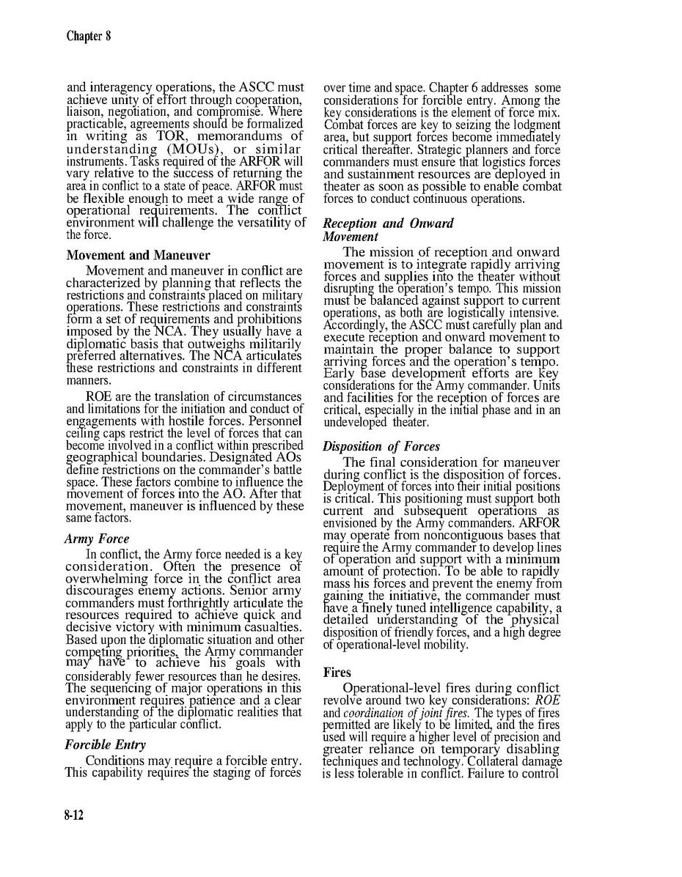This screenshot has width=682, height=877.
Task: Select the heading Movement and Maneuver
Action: coord(138,256)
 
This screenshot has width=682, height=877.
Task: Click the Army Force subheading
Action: coord(97,539)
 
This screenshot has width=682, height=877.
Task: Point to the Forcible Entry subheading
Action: coord(105,744)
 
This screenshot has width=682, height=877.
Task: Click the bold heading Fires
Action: coord(337,672)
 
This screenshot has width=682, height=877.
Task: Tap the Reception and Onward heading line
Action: coord(388,223)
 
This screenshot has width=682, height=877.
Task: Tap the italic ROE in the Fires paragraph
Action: coord(548,700)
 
